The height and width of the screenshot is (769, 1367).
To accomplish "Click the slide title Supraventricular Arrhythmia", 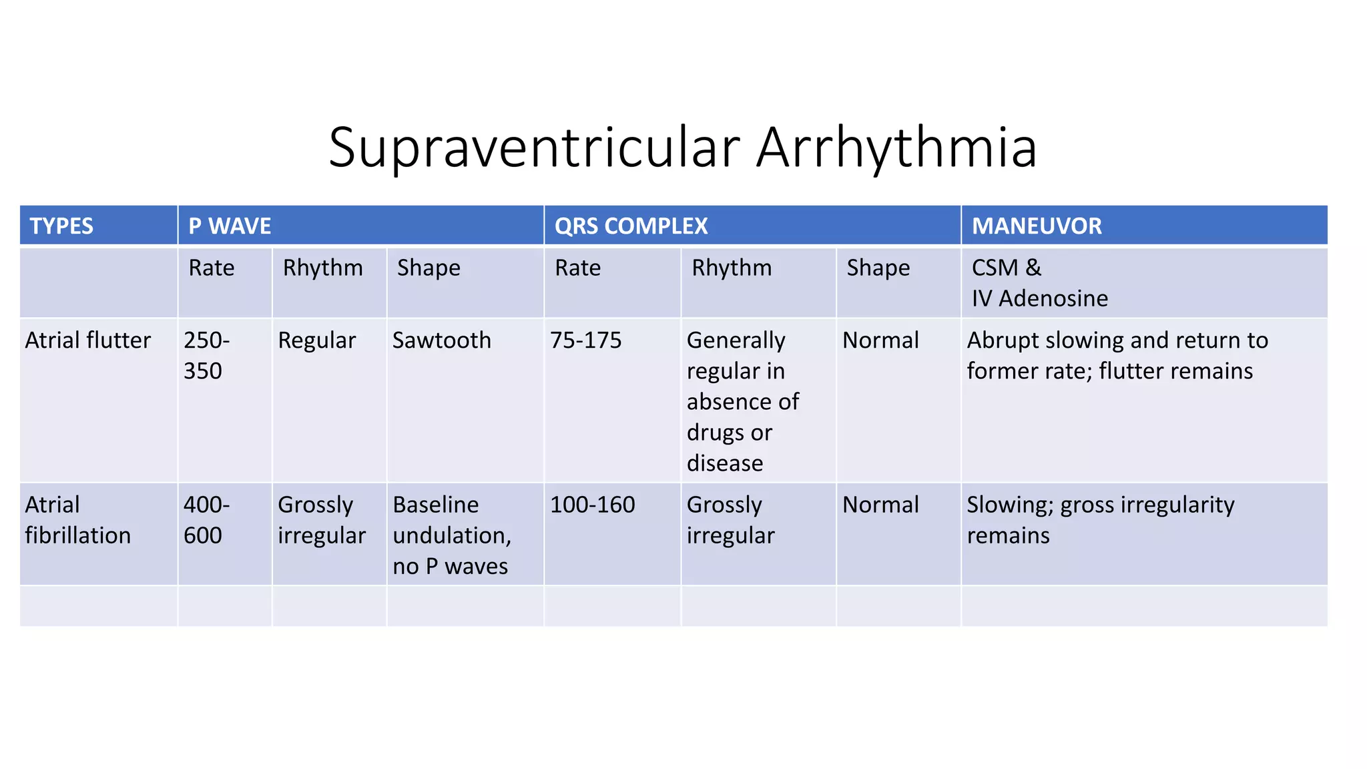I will point(682,147).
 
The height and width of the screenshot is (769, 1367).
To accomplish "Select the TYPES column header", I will point(61,226).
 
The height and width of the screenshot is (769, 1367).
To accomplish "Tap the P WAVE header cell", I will point(230,226).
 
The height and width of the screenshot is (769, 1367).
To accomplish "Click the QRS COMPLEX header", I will point(631,226).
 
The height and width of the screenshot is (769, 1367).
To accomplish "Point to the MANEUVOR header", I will point(1036,226).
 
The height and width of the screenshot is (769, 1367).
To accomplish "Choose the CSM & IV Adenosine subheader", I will point(1039,283).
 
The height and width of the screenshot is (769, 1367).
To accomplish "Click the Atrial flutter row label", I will point(88,340).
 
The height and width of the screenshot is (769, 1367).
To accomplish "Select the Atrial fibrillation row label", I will point(77,520).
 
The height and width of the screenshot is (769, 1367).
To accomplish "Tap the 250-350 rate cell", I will point(206,355).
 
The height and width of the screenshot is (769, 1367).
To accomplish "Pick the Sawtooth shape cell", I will point(441,340).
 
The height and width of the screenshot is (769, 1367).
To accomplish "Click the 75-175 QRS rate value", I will point(585,340).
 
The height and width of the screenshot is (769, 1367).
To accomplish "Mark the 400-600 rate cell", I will point(206,520).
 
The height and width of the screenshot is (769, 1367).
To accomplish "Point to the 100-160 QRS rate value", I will point(592,505).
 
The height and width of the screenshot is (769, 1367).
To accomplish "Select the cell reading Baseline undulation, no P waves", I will point(452,535).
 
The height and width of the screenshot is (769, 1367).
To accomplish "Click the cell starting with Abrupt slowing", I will point(1117,355).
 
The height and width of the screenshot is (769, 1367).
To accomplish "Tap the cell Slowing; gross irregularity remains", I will point(1100,520).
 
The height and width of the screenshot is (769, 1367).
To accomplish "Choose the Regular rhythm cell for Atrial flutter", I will point(316,340).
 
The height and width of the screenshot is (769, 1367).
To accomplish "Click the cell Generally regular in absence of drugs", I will point(742,401).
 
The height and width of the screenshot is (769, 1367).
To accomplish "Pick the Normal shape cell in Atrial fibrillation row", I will point(880,505).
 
